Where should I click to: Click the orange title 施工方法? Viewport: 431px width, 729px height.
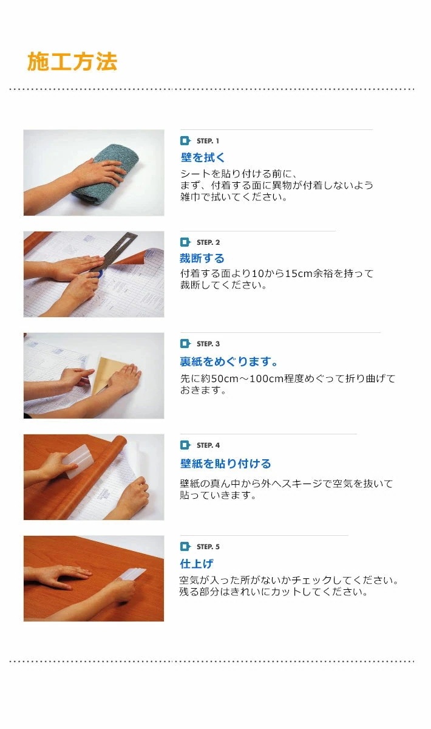tap(72, 62)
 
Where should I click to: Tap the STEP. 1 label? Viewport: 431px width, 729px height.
tap(208, 141)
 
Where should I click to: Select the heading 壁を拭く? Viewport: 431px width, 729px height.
tap(203, 158)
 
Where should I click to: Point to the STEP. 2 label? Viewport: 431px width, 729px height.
tap(208, 242)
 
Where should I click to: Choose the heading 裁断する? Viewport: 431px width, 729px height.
tap(202, 259)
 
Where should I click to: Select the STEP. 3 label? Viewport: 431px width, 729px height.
tap(208, 344)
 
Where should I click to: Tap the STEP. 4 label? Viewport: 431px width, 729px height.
tap(208, 445)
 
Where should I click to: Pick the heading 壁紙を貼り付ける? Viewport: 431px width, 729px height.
tap(225, 464)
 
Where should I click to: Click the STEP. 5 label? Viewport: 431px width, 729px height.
tap(208, 547)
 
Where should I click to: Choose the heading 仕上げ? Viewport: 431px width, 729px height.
tap(197, 564)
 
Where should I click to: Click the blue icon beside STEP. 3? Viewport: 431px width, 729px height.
tap(185, 344)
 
